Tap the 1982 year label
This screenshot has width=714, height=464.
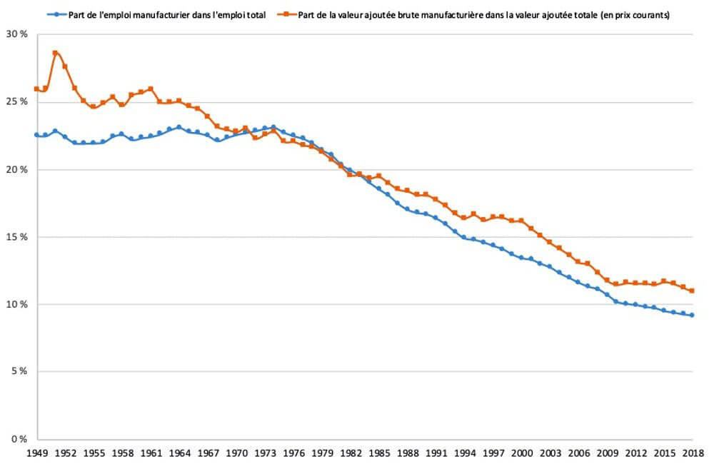[350, 453]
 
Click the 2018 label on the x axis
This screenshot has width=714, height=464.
[692, 453]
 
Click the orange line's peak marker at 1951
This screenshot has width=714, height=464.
[55, 53]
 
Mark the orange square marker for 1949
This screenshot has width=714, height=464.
[36, 89]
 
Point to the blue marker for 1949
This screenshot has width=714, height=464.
[36, 134]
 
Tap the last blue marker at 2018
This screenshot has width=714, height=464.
[692, 315]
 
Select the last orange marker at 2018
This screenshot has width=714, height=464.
[692, 291]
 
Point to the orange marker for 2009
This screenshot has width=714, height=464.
[606, 280]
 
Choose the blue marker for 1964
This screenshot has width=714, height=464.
[178, 127]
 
